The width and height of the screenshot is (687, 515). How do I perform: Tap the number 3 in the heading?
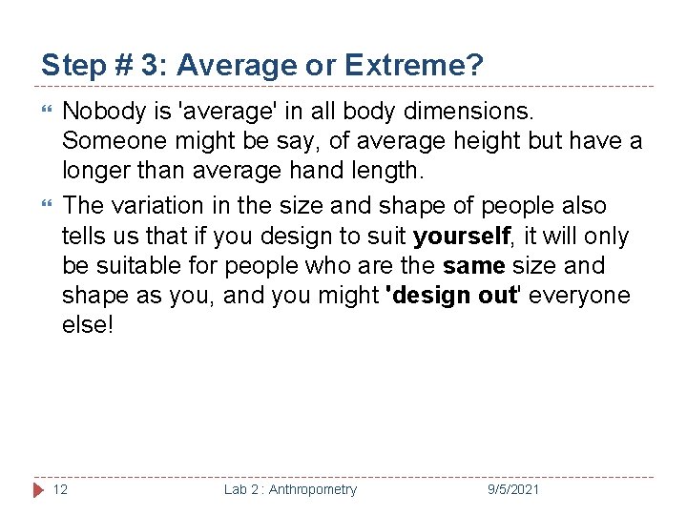point(150,66)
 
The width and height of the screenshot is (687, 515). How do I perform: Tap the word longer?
point(97,172)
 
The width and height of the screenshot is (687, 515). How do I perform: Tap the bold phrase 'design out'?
point(451,295)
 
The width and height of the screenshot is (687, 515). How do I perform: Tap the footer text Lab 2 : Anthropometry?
point(290,489)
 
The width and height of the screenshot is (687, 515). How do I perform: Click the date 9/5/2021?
point(513,489)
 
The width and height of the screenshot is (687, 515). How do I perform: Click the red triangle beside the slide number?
point(38,489)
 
